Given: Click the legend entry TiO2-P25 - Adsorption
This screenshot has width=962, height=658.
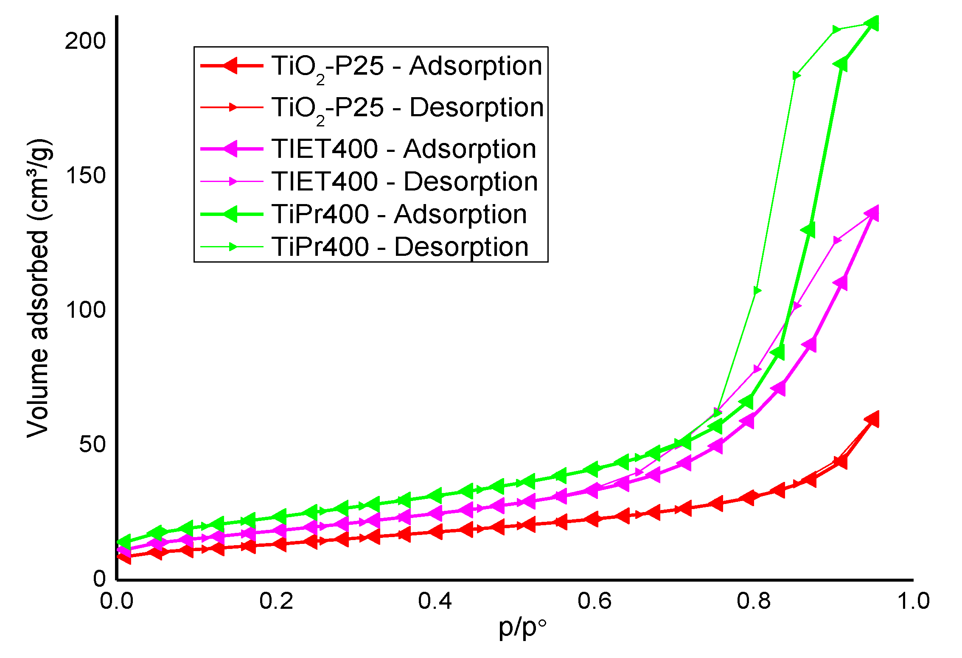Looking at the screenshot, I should (407, 67).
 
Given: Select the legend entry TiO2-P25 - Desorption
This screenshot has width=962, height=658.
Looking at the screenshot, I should (407, 108).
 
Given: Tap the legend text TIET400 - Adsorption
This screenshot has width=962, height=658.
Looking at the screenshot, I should (404, 149).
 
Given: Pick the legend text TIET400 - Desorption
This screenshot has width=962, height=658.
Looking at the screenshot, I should (405, 182).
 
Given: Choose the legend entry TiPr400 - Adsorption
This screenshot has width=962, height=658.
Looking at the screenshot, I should (399, 214).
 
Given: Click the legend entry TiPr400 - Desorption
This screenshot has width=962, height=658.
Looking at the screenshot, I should (400, 247).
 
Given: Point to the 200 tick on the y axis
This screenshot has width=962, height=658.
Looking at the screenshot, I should (85, 41).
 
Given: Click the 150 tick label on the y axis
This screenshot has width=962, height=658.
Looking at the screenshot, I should (85, 176).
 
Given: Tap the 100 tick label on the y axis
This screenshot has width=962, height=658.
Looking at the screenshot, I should (85, 310).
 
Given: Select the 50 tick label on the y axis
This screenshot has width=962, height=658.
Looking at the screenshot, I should (92, 445).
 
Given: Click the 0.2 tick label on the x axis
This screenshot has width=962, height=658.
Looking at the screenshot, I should (276, 601).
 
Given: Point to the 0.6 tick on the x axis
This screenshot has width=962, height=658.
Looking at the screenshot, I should (595, 601).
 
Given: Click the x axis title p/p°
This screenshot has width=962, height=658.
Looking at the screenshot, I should (522, 628).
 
